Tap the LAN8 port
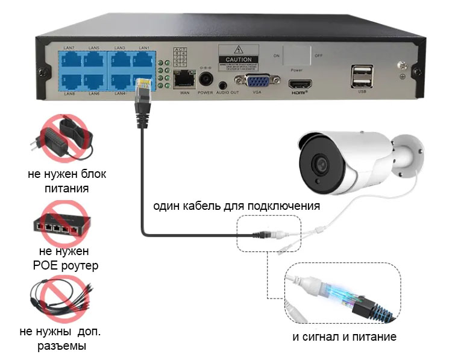(x=69, y=81)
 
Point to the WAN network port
(x=183, y=78)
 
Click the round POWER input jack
(x=206, y=78)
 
